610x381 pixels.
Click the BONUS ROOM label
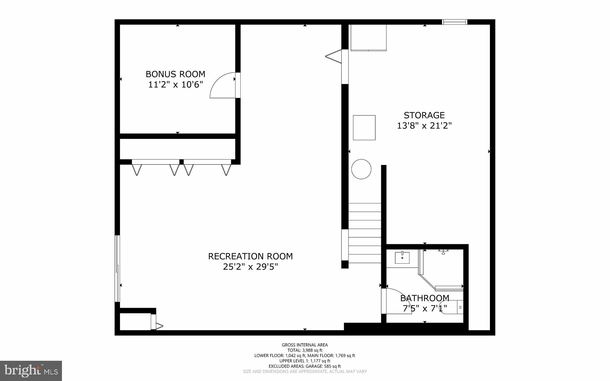tap(175, 74)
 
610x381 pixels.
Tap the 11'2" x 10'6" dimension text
tap(175, 85)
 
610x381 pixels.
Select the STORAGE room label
tap(424, 115)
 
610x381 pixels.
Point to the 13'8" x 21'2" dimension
tap(424, 126)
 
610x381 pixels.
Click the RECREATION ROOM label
tap(250, 256)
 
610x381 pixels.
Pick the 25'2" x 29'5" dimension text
tap(250, 267)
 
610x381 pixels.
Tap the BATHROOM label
tap(424, 298)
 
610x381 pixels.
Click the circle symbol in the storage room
tap(361, 169)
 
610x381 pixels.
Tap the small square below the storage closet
tap(364, 127)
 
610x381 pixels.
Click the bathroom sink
tap(402, 258)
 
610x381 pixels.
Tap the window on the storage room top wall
tap(455, 22)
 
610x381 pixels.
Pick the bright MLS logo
tap(31, 371)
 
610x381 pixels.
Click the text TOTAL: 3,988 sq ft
tap(305, 350)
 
